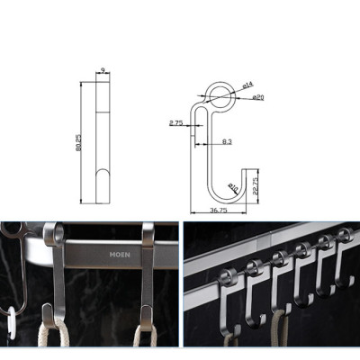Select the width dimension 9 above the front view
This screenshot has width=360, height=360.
point(103,68)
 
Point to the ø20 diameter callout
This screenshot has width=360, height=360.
point(256,97)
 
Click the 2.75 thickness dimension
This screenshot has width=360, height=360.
point(176,123)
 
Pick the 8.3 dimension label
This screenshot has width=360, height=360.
point(225,141)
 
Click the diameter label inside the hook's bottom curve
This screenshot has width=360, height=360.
point(232,187)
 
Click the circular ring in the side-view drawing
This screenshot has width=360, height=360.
point(217,94)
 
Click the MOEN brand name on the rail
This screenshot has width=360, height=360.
point(121,255)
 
